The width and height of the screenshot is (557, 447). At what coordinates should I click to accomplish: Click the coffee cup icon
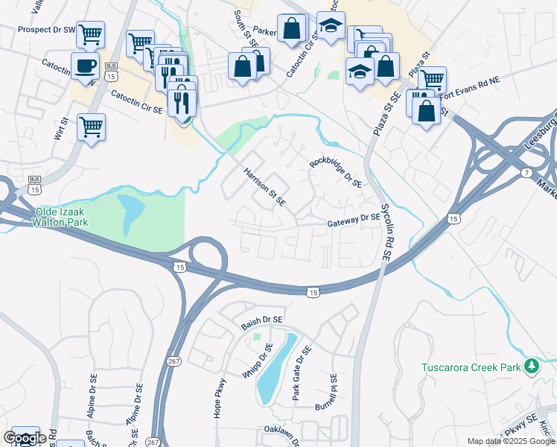tap(85, 66)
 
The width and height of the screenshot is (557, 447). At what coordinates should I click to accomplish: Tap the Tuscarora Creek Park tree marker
tap(531, 366)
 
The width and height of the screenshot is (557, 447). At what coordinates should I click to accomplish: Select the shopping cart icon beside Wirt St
tap(91, 127)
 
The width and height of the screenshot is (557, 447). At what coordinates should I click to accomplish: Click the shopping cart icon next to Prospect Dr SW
tap(90, 34)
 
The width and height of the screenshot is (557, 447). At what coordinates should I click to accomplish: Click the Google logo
tap(25, 438)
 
